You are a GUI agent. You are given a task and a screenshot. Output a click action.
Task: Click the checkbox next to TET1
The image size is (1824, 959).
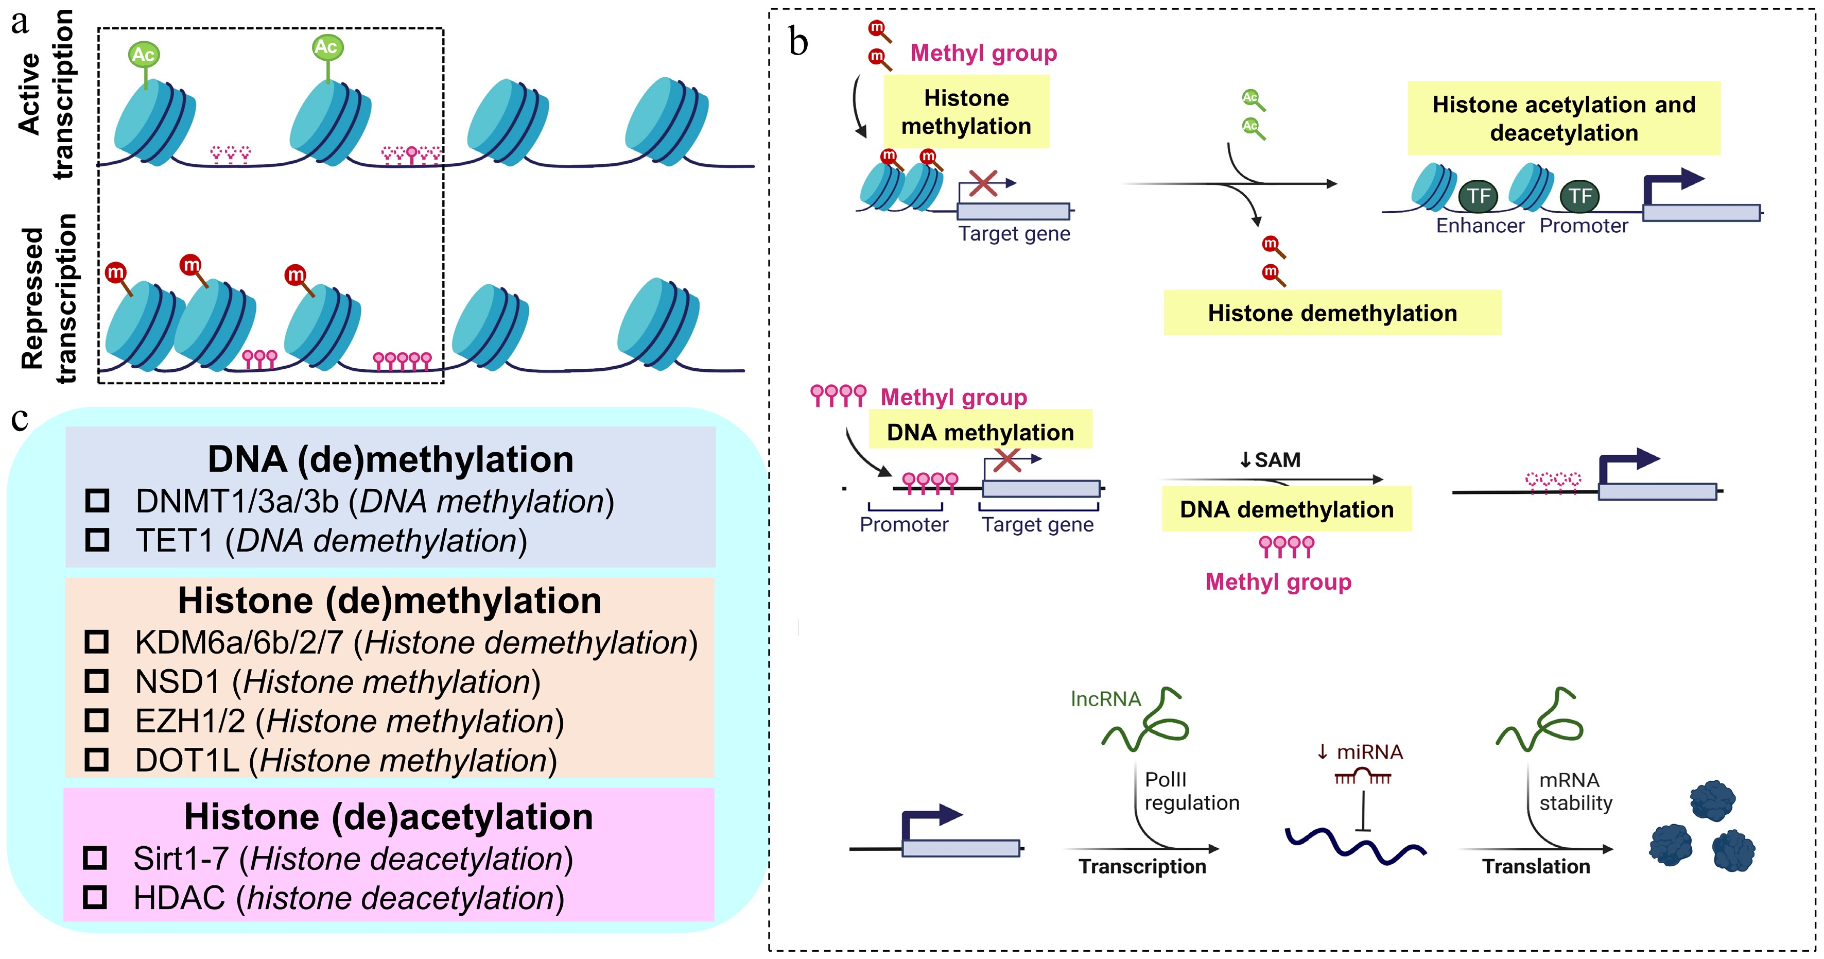[97, 540]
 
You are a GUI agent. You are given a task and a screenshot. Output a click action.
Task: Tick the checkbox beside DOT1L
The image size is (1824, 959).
[96, 760]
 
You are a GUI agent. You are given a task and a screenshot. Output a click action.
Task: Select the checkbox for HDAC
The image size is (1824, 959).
[95, 897]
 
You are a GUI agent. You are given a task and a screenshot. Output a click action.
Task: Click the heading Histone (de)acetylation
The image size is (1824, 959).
[388, 817]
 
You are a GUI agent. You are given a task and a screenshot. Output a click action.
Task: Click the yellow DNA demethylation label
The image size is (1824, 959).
[1286, 509]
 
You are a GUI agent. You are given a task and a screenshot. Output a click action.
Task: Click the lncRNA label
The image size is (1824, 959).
[1105, 699]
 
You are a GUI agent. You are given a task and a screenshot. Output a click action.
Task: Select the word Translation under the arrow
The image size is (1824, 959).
[1536, 866]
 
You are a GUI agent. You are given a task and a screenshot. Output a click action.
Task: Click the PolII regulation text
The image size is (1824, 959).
[1191, 791]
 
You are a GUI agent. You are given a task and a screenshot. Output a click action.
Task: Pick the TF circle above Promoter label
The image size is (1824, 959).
[1579, 196]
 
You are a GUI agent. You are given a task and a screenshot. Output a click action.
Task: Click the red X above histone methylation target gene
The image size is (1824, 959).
[983, 183]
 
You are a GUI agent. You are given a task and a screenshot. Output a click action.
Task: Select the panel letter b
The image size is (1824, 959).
[798, 43]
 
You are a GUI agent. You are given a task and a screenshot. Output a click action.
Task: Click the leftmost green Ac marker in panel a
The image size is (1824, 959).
[144, 55]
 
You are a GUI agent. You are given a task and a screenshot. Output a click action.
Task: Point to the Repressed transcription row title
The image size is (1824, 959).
[48, 298]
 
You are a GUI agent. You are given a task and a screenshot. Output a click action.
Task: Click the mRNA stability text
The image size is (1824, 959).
[1575, 791]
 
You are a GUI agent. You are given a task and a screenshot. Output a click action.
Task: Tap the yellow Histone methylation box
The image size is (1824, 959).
[966, 112]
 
